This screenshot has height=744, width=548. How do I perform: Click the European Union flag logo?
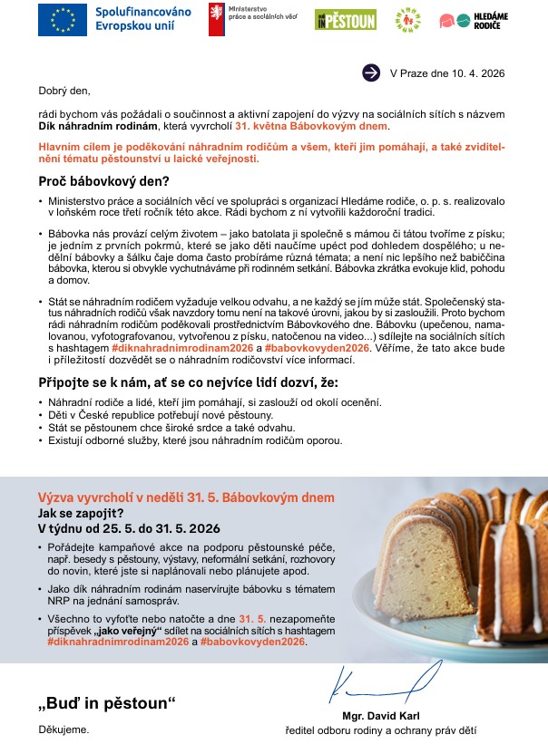click(x=63, y=20)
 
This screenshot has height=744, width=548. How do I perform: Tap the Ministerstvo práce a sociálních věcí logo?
click(x=216, y=19)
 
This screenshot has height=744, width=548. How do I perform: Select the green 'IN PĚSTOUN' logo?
click(x=345, y=20)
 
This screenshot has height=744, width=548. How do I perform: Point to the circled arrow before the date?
click(x=370, y=72)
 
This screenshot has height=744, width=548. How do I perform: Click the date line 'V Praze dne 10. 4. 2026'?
click(x=446, y=72)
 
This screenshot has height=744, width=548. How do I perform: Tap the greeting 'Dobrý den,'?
click(x=64, y=90)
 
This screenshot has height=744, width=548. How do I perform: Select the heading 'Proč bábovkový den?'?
click(x=102, y=179)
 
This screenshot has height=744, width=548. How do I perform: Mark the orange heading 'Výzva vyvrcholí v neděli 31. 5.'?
click(x=186, y=498)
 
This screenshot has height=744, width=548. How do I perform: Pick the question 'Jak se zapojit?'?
click(x=79, y=512)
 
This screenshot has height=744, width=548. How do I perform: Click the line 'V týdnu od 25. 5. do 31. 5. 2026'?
click(x=129, y=527)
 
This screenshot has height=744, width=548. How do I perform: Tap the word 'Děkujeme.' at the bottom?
click(x=64, y=729)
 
